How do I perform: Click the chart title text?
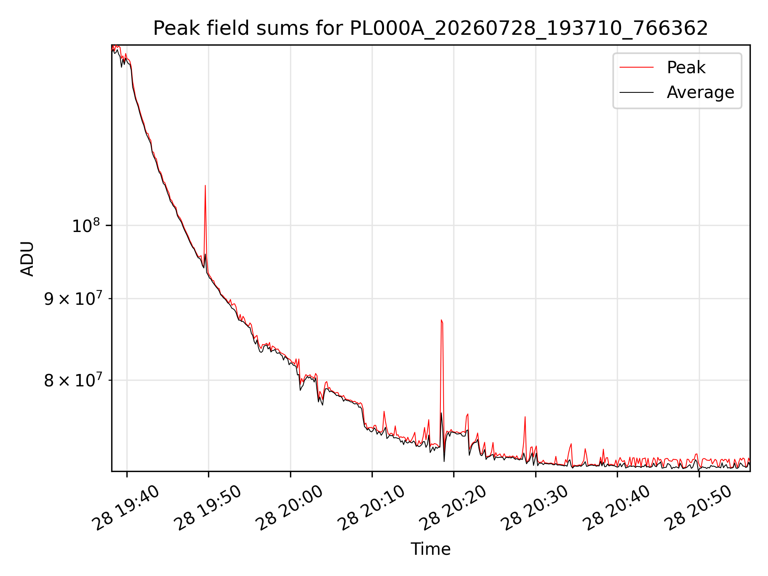click(430, 28)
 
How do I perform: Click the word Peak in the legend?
click(686, 68)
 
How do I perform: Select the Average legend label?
click(700, 92)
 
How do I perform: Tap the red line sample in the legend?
click(636, 68)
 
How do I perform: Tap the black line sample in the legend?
click(636, 92)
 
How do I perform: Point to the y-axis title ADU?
click(27, 258)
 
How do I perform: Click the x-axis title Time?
click(430, 549)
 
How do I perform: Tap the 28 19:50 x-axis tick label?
click(208, 508)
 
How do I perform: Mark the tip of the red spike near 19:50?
click(205, 185)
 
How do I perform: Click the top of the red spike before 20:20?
click(441, 320)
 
